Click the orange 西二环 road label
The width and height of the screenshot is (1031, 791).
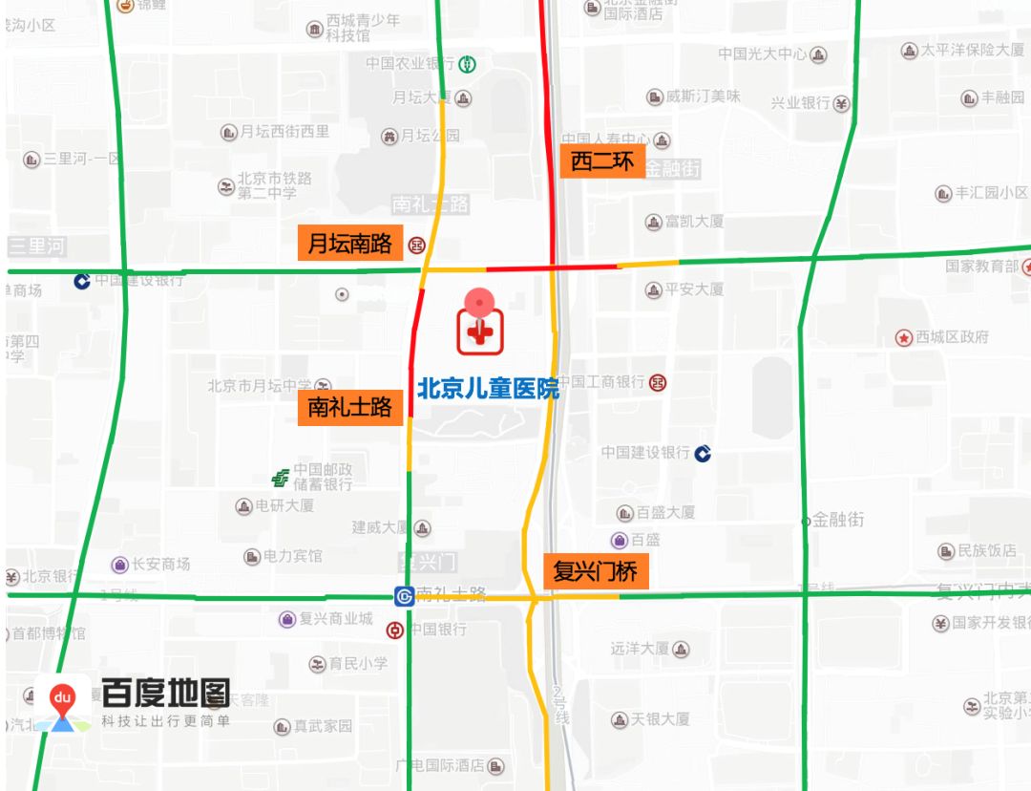pyautogui.click(x=602, y=161)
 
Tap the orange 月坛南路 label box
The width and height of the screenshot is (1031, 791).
pyautogui.click(x=350, y=244)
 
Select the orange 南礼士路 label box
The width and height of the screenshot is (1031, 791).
pyautogui.click(x=350, y=408)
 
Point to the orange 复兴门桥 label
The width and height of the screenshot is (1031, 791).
pyautogui.click(x=596, y=571)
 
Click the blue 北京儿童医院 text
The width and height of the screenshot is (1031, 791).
pyautogui.click(x=488, y=388)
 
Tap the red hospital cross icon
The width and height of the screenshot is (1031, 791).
pyautogui.click(x=480, y=332)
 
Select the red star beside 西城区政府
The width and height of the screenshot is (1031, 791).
pyautogui.click(x=903, y=337)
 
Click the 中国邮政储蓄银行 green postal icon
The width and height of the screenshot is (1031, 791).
pyautogui.click(x=281, y=477)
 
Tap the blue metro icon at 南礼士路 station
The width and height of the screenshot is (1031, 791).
pyautogui.click(x=404, y=596)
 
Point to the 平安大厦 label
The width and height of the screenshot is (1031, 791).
pyautogui.click(x=694, y=289)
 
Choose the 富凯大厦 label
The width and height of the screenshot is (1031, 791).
pyautogui.click(x=694, y=222)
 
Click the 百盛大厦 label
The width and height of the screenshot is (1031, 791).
pyautogui.click(x=665, y=512)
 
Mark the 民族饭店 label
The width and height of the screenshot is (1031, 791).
pyautogui.click(x=987, y=551)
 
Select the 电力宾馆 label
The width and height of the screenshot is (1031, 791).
pyautogui.click(x=292, y=556)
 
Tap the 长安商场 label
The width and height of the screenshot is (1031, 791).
pyautogui.click(x=160, y=565)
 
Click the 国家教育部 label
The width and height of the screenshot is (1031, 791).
pyautogui.click(x=982, y=266)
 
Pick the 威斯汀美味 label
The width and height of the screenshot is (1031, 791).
pyautogui.click(x=703, y=96)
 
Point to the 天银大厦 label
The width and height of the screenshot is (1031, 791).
pyautogui.click(x=661, y=718)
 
